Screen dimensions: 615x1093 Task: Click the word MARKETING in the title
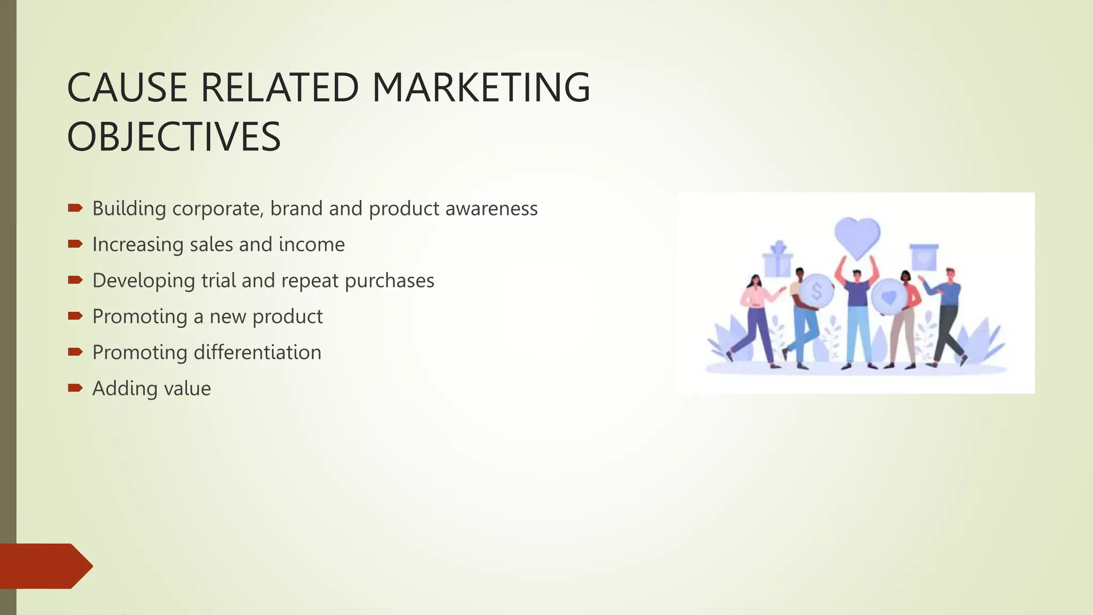(481, 88)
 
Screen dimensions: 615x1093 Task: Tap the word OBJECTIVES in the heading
(174, 137)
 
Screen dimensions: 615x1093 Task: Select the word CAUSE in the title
(127, 88)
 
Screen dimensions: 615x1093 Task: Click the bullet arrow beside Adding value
(75, 388)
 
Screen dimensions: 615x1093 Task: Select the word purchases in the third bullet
(390, 281)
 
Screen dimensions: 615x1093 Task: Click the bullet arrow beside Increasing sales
(75, 244)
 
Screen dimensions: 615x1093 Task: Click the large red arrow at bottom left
(45, 566)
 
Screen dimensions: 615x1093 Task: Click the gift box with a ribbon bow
(778, 260)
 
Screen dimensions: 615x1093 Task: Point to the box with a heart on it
(924, 258)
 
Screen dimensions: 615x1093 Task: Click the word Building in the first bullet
(129, 209)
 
